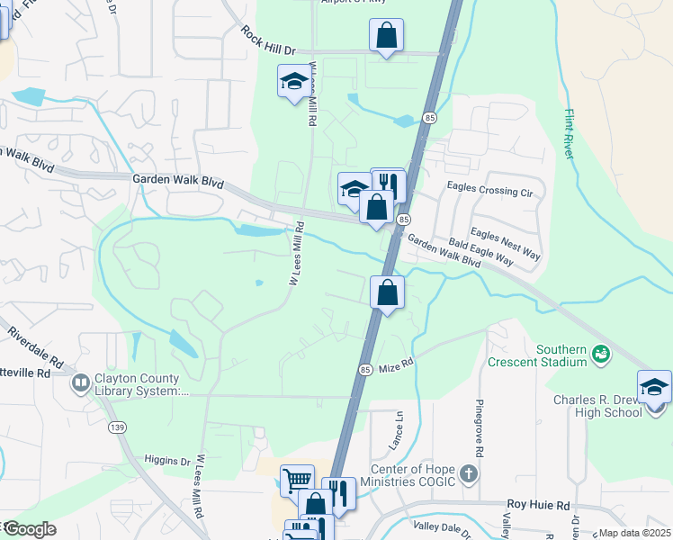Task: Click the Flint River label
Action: tap(570, 134)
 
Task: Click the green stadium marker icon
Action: tap(600, 355)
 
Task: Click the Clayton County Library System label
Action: tap(139, 385)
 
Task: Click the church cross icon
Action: tap(467, 473)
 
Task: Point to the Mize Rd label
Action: tap(395, 366)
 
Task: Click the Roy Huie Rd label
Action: tap(539, 506)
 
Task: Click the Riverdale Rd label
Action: tap(36, 347)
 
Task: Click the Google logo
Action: tap(29, 528)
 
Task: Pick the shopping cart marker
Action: tap(297, 480)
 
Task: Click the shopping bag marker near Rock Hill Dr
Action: tap(386, 36)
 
